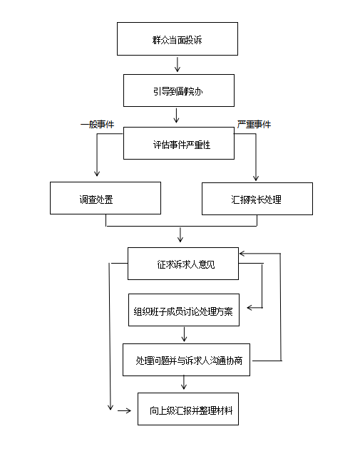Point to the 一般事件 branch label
pos(98,125)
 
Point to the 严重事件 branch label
pos(254,125)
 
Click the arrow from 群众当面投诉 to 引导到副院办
pos(178,65)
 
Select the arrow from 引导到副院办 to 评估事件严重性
pos(177,115)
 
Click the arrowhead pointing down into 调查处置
pos(97,173)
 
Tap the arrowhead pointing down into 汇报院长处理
pos(256,177)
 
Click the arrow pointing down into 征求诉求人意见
pos(180,234)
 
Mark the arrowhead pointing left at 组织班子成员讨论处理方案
pos(250,308)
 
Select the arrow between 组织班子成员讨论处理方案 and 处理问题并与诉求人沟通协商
pos(184,334)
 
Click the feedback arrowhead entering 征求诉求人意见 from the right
pos(242,254)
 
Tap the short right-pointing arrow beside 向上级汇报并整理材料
pos(125,410)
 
